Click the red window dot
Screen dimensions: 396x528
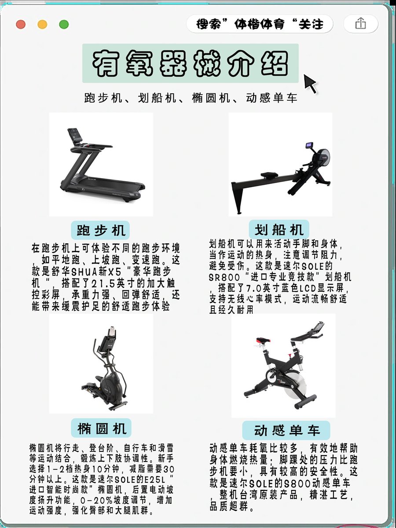click(x=21, y=25)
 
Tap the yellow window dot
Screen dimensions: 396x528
click(x=42, y=25)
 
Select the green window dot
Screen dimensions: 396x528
click(x=64, y=25)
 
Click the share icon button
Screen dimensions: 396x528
click(x=361, y=24)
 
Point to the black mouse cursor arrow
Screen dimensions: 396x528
click(x=311, y=84)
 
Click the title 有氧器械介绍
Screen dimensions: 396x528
click(x=190, y=63)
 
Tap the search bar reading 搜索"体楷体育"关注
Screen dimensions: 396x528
click(x=260, y=24)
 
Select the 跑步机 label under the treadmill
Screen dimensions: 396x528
click(x=100, y=230)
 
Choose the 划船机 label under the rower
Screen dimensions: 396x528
click(x=279, y=229)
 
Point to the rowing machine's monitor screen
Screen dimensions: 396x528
click(x=310, y=146)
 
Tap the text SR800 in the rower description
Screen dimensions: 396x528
click(x=224, y=278)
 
